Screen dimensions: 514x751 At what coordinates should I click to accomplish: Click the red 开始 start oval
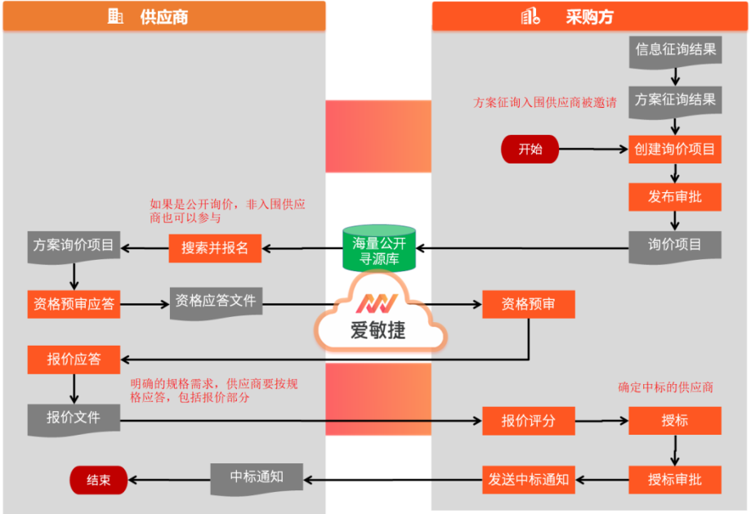pos(530,150)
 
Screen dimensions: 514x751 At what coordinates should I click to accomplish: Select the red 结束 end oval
pos(98,480)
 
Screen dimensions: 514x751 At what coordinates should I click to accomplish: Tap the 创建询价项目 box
pos(674,150)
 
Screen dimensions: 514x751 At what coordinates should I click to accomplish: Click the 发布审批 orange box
pos(674,197)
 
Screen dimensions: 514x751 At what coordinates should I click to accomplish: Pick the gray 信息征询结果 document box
pos(675,50)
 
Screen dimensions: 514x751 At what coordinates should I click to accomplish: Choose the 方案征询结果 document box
pos(675,100)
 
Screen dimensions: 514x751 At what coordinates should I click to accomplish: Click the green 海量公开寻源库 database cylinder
pos(378,248)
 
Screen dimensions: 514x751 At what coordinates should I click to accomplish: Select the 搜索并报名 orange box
pos(215,248)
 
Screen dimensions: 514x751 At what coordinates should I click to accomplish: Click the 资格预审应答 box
pos(74,305)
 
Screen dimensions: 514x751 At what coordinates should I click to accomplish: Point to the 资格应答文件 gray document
pos(215,302)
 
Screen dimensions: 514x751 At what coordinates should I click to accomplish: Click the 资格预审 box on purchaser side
pos(529,304)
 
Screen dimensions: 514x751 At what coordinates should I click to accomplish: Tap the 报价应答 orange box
pos(74,359)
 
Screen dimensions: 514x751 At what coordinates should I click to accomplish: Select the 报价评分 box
pos(528,421)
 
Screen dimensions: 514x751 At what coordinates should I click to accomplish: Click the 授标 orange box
pos(674,421)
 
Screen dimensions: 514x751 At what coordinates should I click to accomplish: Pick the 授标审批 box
pos(674,479)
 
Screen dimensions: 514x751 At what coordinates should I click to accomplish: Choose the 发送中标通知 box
pos(528,480)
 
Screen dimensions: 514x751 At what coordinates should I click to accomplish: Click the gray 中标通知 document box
pos(257,477)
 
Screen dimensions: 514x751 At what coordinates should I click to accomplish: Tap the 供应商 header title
pos(163,16)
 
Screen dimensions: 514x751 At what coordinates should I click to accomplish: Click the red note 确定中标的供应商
pos(665,387)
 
